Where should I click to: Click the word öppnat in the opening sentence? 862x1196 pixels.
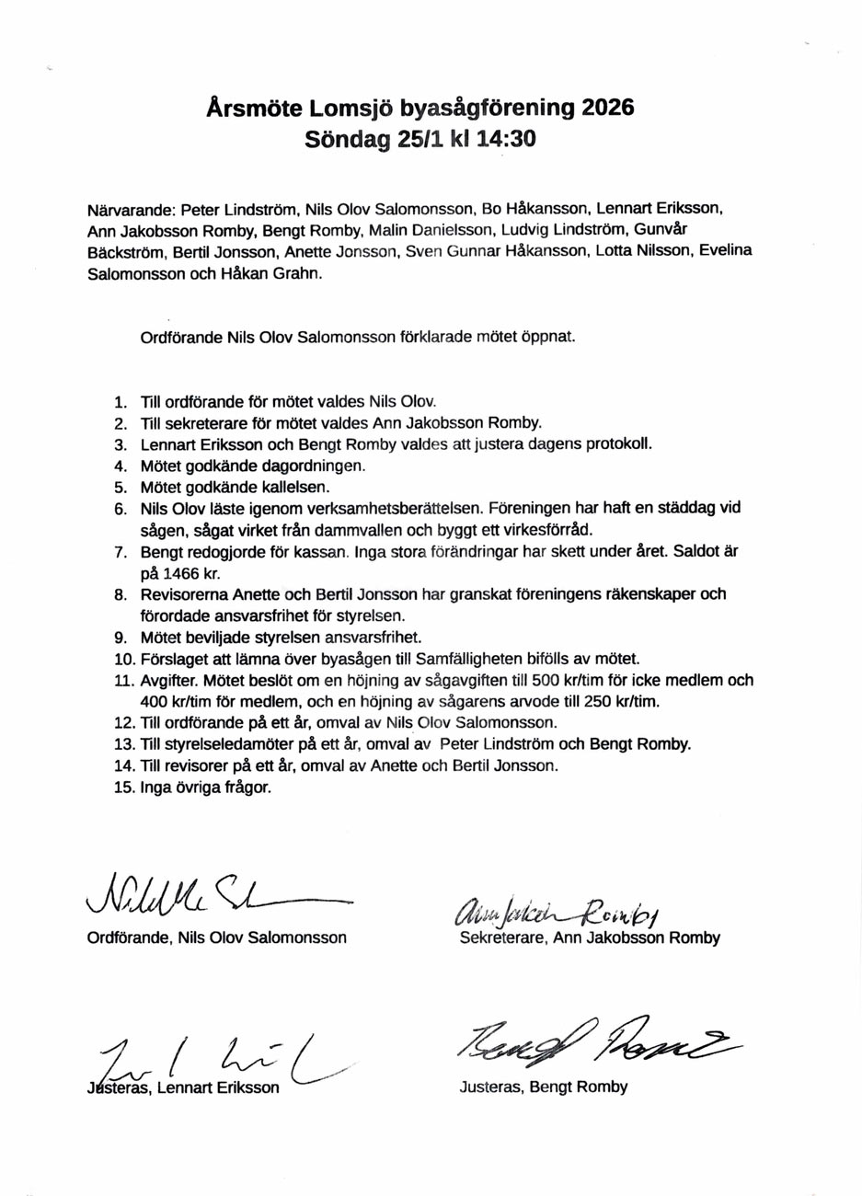coord(550,337)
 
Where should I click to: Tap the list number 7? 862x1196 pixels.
coord(121,552)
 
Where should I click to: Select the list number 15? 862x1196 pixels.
coord(124,788)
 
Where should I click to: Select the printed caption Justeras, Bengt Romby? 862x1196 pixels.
coord(543,1087)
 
